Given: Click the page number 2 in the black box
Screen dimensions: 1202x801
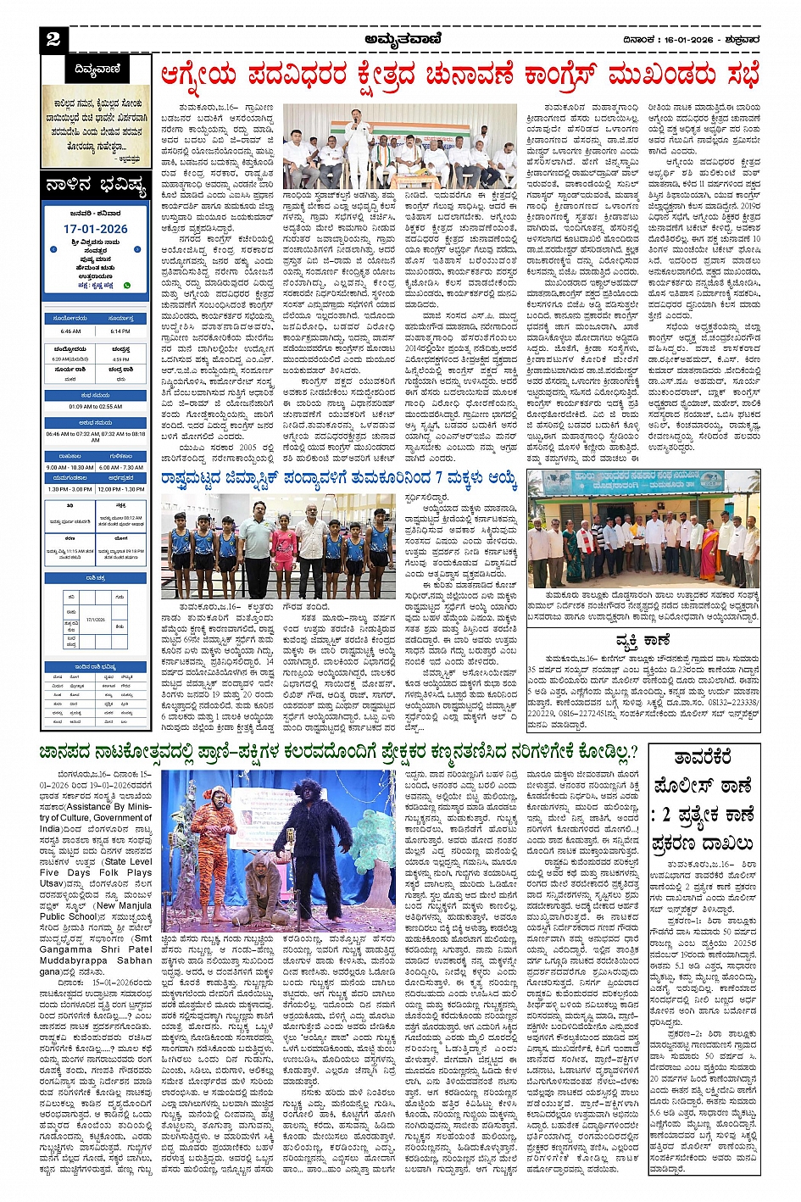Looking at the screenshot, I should [x=53, y=39].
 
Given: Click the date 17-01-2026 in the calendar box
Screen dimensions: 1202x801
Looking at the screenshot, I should [x=95, y=229].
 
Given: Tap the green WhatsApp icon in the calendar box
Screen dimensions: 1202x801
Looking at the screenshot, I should [x=127, y=286].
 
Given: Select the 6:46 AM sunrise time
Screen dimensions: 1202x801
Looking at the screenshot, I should [x=71, y=331].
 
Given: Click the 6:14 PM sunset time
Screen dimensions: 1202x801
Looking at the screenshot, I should [x=120, y=331].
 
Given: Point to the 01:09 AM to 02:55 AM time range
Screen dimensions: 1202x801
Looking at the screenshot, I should [x=95, y=406].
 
